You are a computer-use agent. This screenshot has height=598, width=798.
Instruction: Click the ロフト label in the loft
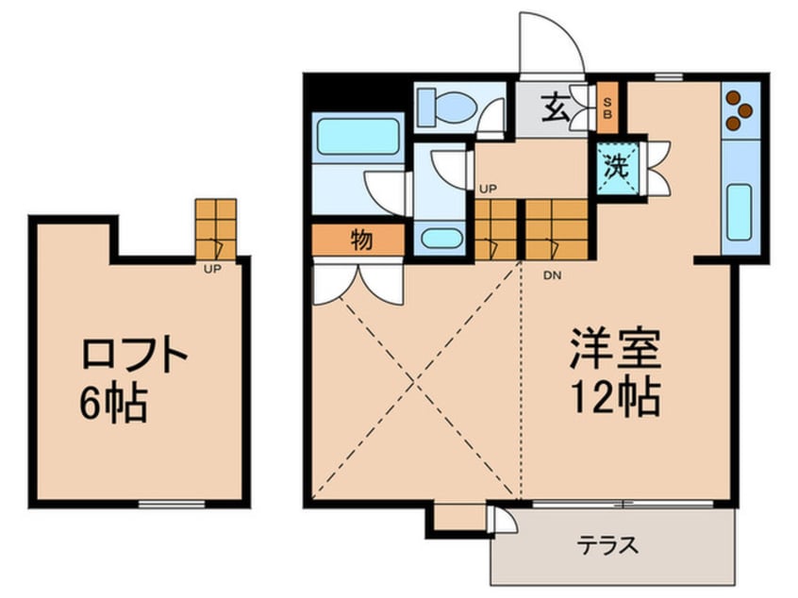click(134, 354)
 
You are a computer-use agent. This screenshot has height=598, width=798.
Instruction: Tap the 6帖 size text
click(114, 403)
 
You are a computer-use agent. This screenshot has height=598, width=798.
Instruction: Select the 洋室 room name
click(615, 349)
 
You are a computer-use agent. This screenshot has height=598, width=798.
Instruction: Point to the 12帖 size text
click(615, 397)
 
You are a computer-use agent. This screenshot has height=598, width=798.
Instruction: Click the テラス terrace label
click(607, 545)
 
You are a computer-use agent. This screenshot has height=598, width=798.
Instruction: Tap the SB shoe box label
click(607, 108)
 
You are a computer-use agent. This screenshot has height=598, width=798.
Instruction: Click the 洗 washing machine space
click(617, 166)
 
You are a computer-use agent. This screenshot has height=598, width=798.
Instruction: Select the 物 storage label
click(362, 240)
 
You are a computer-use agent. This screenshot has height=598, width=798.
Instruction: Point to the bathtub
click(357, 136)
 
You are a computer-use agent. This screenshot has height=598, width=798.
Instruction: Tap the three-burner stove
click(740, 110)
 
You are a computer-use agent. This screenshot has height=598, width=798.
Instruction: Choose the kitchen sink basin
click(740, 212)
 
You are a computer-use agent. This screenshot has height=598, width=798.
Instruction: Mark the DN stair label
click(552, 275)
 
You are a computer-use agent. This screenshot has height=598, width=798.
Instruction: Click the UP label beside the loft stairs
click(212, 269)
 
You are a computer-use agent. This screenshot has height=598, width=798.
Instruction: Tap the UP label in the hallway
click(488, 190)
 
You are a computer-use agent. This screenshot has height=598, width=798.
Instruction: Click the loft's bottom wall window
click(172, 504)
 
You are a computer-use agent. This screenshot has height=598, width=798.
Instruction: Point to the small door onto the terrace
click(502, 519)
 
